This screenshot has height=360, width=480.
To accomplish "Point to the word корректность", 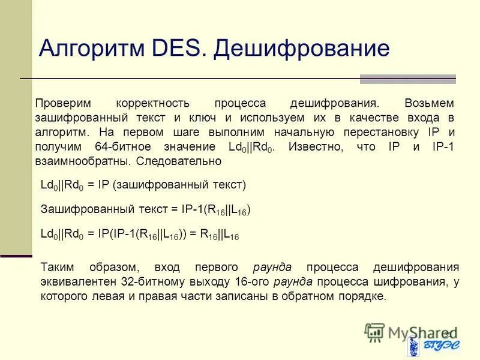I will pyautogui.click(x=153, y=103).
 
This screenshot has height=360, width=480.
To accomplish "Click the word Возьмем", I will pyautogui.click(x=430, y=103).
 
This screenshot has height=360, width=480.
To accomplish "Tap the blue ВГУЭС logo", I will pyautogui.click(x=431, y=347).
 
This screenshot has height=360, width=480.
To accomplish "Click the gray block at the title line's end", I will pyautogui.click(x=407, y=79).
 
